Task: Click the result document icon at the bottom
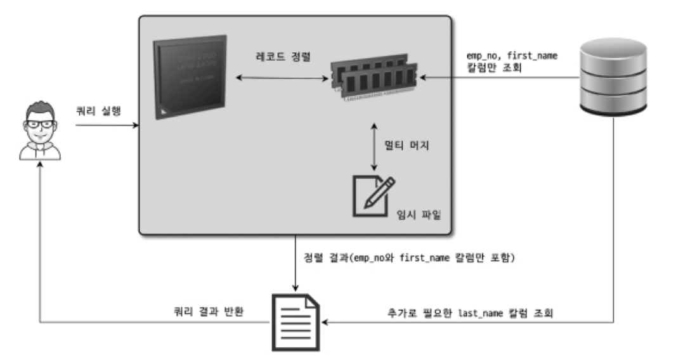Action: coord(294,321)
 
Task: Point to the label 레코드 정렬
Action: coord(279,56)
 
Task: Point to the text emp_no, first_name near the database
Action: coord(511,56)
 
